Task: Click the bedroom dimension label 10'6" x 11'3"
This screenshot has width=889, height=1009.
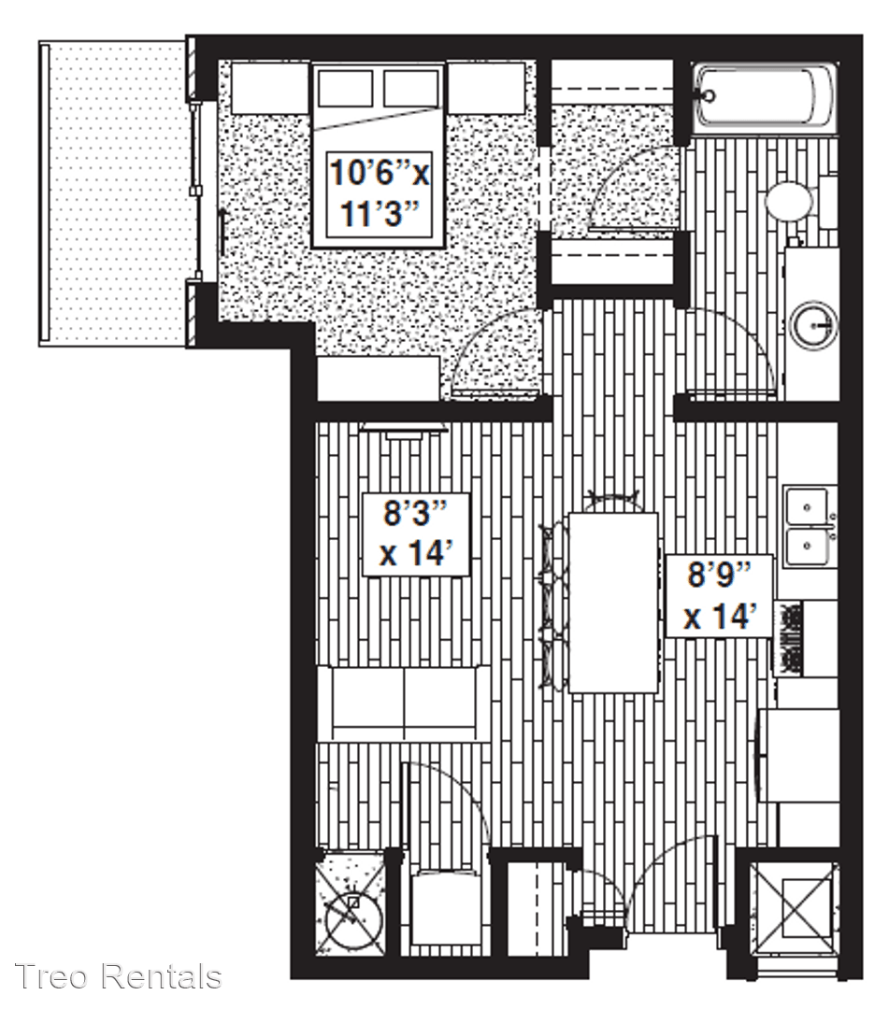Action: click(380, 193)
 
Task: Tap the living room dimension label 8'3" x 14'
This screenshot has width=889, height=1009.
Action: click(414, 534)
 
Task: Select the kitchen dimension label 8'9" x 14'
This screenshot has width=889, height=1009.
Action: click(719, 595)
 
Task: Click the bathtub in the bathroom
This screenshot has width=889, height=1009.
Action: click(763, 97)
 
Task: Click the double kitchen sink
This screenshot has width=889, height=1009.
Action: click(808, 526)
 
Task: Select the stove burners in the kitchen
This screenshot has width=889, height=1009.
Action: click(788, 637)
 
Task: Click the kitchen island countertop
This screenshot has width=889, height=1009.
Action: click(613, 603)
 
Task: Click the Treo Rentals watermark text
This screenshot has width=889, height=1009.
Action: click(119, 976)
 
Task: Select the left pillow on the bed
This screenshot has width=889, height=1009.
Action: click(345, 88)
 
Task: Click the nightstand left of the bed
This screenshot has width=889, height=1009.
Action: click(270, 88)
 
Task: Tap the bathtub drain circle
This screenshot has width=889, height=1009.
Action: click(709, 97)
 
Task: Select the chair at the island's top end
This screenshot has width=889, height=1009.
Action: click(614, 502)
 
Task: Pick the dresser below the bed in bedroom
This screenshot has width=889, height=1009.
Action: click(379, 378)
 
